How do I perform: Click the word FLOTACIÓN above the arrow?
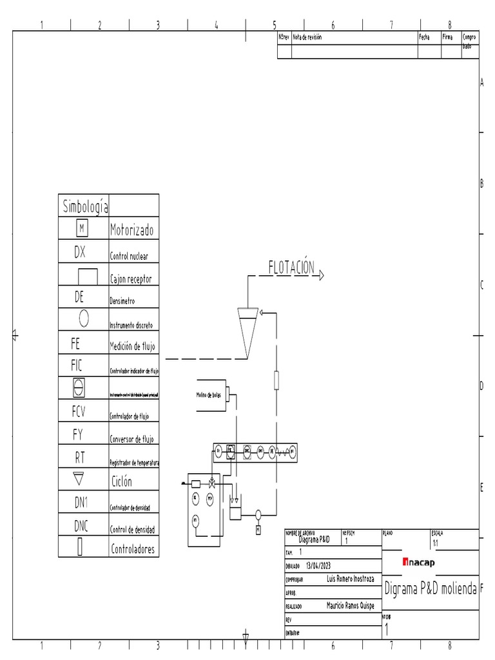(291, 267)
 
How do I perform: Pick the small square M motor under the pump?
(258, 530)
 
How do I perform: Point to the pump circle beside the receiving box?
(258, 514)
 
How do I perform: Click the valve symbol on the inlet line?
(212, 483)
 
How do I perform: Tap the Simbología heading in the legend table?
(85, 207)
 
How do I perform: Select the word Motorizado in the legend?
(131, 230)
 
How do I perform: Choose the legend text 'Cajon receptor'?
(131, 279)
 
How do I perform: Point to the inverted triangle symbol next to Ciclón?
(80, 479)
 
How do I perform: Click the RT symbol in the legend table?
(80, 457)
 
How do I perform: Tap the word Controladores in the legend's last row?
(133, 550)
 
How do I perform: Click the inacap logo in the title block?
(419, 562)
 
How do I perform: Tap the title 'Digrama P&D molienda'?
(430, 588)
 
